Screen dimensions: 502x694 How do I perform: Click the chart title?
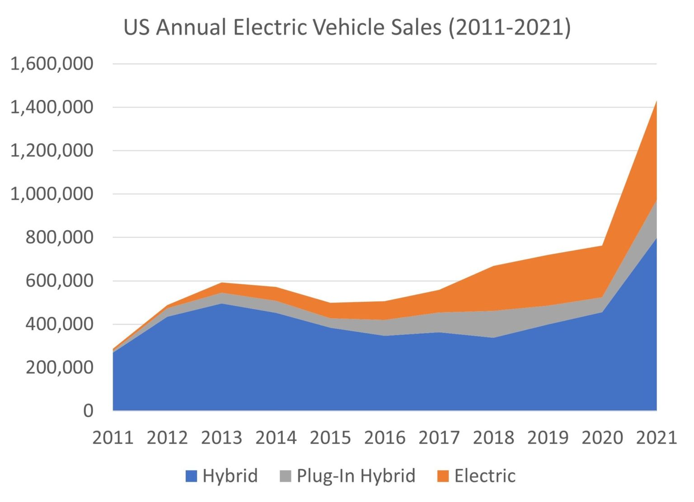[347, 27]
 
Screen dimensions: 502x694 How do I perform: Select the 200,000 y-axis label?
[59, 367]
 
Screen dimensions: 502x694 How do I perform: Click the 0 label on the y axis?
[88, 411]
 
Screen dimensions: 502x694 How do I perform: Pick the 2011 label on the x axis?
[113, 438]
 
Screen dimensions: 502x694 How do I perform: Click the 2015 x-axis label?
[330, 438]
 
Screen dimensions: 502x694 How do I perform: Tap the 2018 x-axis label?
[493, 438]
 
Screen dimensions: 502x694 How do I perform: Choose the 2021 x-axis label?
[656, 438]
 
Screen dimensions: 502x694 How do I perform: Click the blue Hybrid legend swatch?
[191, 476]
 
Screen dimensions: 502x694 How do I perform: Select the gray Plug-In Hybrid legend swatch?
[286, 476]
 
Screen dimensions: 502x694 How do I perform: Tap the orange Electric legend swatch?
[443, 476]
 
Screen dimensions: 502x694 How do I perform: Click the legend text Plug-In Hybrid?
[356, 476]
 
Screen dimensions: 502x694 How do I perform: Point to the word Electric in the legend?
[485, 476]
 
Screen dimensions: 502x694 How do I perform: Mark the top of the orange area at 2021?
[656, 102]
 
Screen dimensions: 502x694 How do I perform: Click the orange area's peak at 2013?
[222, 283]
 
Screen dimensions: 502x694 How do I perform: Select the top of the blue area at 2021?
[656, 239]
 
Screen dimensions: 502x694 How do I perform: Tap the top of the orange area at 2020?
[602, 246]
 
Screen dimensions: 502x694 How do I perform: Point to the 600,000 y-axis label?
[59, 281]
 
